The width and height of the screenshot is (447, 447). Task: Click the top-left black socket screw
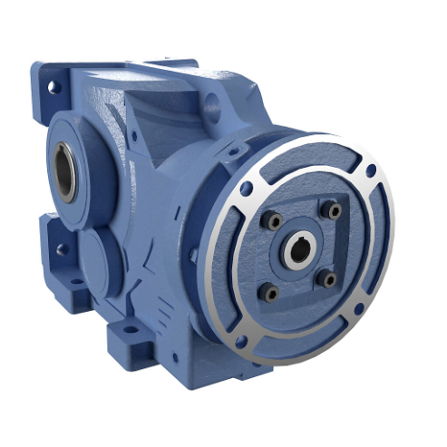[x=270, y=219]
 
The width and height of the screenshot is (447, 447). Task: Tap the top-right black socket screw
[x=334, y=210]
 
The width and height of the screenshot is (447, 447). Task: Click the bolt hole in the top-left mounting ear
[x=53, y=87]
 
